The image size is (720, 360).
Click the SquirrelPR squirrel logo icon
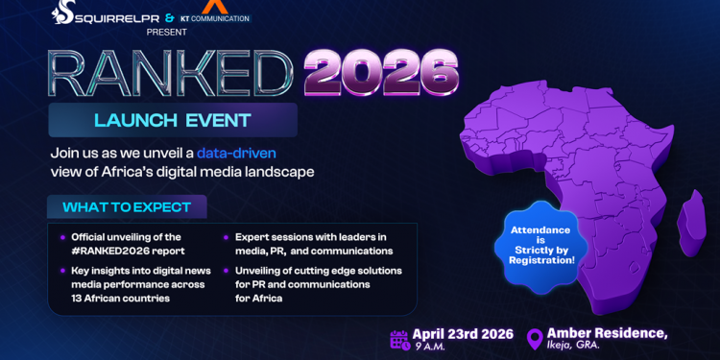(65, 13)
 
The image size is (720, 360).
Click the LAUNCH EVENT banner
(173, 121)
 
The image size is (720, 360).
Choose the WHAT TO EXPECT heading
(127, 207)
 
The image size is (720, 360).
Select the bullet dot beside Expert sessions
(227, 235)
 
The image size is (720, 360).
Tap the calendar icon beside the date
(399, 339)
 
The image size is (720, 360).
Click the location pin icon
(535, 339)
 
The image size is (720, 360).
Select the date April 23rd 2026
(463, 334)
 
